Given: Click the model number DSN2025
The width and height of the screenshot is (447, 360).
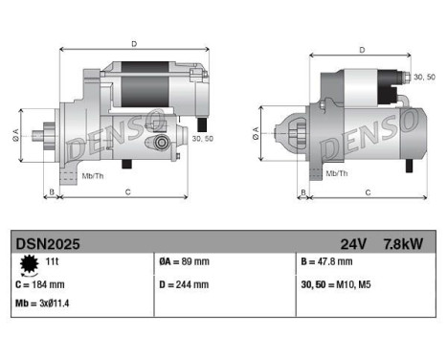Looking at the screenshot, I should click(48, 243).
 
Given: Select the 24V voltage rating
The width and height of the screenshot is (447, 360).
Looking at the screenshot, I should click(352, 243).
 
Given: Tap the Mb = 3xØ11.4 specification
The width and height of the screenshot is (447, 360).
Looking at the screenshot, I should click(43, 304).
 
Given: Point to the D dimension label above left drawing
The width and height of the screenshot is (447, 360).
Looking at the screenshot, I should click(133, 43).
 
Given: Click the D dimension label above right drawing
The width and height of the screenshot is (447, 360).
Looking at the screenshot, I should click(361, 50).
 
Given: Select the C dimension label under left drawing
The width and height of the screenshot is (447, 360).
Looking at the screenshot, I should click(128, 192).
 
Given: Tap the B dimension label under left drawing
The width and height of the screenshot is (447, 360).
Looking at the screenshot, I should click(51, 192).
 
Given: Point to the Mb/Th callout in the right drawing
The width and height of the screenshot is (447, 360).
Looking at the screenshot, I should click(336, 173).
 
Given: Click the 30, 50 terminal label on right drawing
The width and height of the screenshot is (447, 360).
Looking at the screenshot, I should click(419, 76).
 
